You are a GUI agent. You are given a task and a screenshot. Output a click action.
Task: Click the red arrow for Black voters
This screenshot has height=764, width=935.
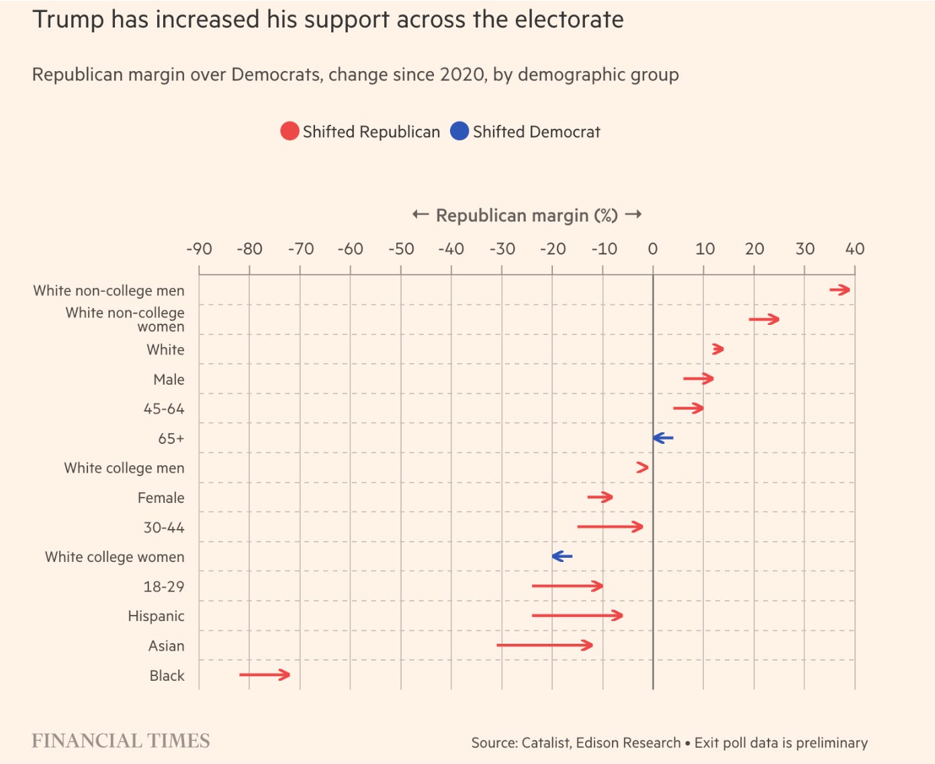(x=265, y=674)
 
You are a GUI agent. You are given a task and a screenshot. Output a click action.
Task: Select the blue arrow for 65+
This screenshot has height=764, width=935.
(x=663, y=438)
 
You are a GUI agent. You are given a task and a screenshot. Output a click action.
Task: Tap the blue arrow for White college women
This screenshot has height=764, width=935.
(x=562, y=556)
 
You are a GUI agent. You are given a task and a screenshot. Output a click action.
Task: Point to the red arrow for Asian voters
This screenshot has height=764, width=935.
(x=545, y=645)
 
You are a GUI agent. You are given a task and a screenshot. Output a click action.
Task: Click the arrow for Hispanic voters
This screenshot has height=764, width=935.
(x=577, y=615)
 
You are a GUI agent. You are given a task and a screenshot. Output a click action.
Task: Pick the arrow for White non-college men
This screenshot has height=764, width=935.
(x=840, y=290)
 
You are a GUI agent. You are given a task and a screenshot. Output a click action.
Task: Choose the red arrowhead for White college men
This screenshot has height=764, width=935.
(x=643, y=467)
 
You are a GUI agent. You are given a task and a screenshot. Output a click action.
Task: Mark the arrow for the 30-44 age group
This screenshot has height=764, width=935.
(x=610, y=526)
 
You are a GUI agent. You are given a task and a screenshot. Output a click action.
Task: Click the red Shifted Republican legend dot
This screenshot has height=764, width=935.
(x=290, y=131)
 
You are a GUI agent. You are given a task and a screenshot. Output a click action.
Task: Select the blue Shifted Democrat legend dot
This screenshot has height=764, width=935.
(x=459, y=131)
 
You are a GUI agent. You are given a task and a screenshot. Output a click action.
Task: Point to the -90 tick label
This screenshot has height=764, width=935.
(x=199, y=249)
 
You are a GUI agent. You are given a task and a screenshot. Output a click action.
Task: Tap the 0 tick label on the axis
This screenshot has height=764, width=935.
(x=652, y=249)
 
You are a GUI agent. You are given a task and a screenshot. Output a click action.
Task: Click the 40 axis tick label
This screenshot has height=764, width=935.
(x=854, y=249)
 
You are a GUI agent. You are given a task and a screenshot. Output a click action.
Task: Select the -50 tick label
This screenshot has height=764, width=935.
(x=401, y=249)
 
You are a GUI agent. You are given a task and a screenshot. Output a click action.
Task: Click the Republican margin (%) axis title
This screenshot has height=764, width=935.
(x=527, y=216)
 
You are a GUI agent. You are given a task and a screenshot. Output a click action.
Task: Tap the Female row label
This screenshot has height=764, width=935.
(x=161, y=497)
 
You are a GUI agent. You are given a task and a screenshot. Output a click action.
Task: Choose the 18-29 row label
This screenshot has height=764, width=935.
(x=163, y=587)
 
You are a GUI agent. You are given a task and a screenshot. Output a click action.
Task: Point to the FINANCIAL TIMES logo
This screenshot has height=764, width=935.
(x=121, y=741)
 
